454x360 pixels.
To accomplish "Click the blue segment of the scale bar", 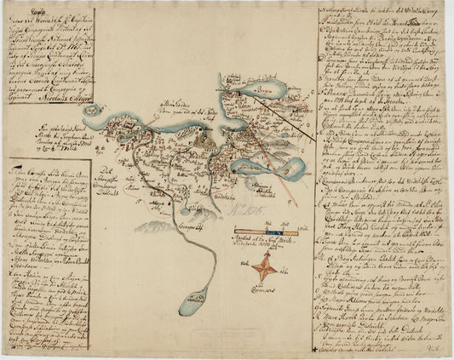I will pyautogui.click(x=273, y=230).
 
